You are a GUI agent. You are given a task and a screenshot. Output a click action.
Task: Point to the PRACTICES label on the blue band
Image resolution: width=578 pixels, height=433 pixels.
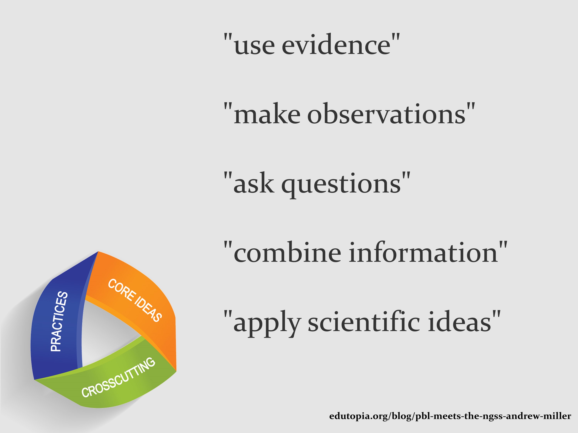(59, 321)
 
